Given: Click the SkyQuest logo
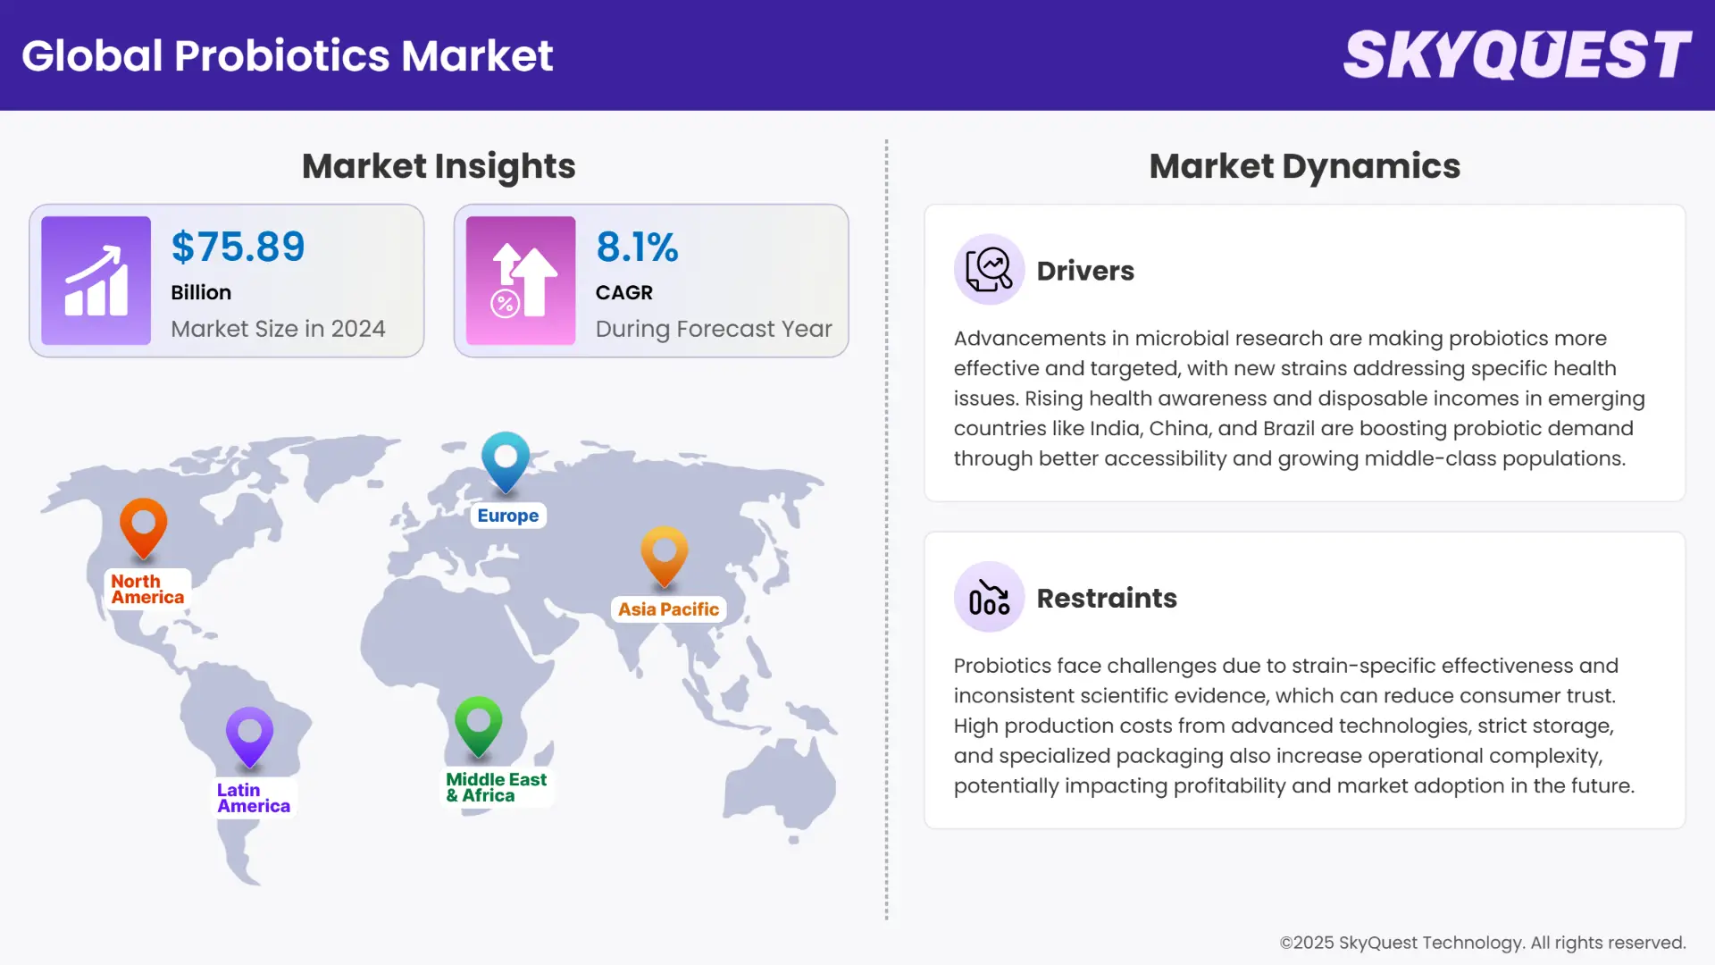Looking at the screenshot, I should click(1517, 55).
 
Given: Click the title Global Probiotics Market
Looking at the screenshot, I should click(287, 55).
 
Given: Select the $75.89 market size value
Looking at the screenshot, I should click(238, 247).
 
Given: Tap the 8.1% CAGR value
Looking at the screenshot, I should click(637, 247).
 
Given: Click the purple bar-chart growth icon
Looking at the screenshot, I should click(96, 281).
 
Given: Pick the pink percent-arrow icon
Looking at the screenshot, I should click(521, 281).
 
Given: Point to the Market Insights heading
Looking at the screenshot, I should click(439, 166).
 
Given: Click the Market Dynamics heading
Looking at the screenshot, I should click(1304, 166).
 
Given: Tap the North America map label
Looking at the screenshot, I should click(147, 590).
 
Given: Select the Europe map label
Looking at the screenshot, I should click(507, 516).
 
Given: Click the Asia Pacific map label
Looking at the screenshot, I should click(668, 609).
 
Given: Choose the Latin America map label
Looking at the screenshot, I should click(254, 798).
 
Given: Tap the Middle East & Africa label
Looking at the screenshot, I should click(496, 787).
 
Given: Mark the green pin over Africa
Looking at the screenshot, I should click(478, 725).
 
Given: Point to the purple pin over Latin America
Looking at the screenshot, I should click(249, 735).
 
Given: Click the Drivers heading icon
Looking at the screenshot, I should click(989, 270).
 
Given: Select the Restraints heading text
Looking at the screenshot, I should click(1107, 598).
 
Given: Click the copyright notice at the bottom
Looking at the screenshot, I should click(1482, 943).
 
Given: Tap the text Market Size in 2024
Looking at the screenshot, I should click(278, 329).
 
